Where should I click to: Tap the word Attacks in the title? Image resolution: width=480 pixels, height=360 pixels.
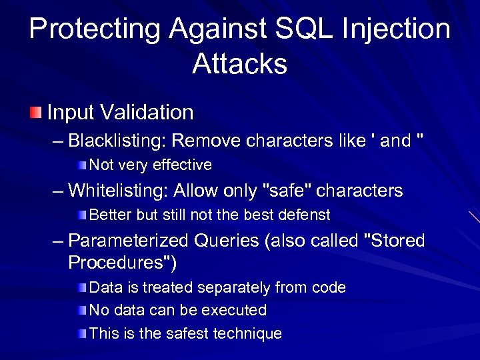(x=239, y=64)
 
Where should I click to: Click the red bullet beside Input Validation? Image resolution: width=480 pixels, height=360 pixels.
(x=35, y=111)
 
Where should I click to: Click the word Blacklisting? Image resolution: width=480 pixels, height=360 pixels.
(x=117, y=141)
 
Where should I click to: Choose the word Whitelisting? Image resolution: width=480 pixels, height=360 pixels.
(x=118, y=191)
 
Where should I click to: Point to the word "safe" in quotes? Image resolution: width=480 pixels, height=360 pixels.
(x=289, y=191)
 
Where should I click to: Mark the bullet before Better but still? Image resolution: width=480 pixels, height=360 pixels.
(x=81, y=215)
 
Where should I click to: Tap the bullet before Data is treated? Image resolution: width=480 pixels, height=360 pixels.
(x=81, y=287)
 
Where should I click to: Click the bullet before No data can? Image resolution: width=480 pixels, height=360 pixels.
(x=81, y=310)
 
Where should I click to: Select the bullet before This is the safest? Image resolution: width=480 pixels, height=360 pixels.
(x=81, y=333)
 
